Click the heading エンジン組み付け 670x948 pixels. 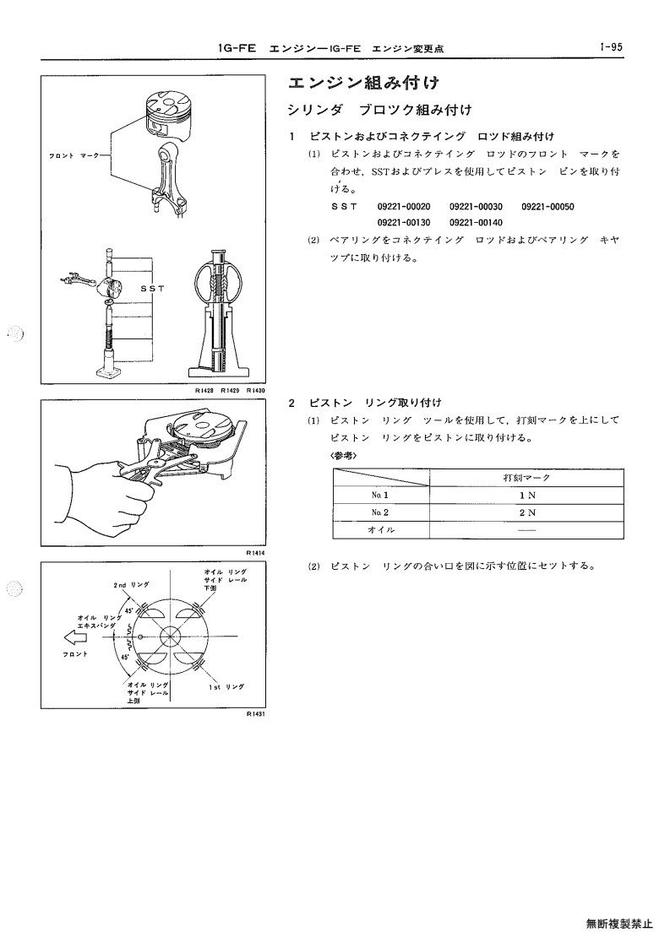[x=363, y=83]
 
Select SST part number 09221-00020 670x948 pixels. [x=404, y=207]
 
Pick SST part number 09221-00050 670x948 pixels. [x=547, y=207]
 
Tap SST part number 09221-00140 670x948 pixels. [x=476, y=223]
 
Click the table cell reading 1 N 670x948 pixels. [x=527, y=496]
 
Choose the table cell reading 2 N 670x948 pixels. [x=527, y=512]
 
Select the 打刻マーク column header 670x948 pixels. [x=526, y=478]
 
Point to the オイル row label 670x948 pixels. [x=381, y=529]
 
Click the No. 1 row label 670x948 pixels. [x=380, y=496]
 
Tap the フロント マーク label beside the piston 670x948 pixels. [x=74, y=156]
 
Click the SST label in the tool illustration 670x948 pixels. [x=153, y=289]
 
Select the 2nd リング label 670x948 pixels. [x=131, y=585]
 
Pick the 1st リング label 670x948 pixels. [x=226, y=687]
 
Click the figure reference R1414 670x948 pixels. [x=256, y=553]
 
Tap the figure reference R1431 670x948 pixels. [x=256, y=714]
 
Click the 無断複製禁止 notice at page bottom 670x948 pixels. [x=619, y=924]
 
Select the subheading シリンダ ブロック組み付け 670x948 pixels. [x=379, y=110]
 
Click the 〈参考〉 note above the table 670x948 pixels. [x=343, y=455]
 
